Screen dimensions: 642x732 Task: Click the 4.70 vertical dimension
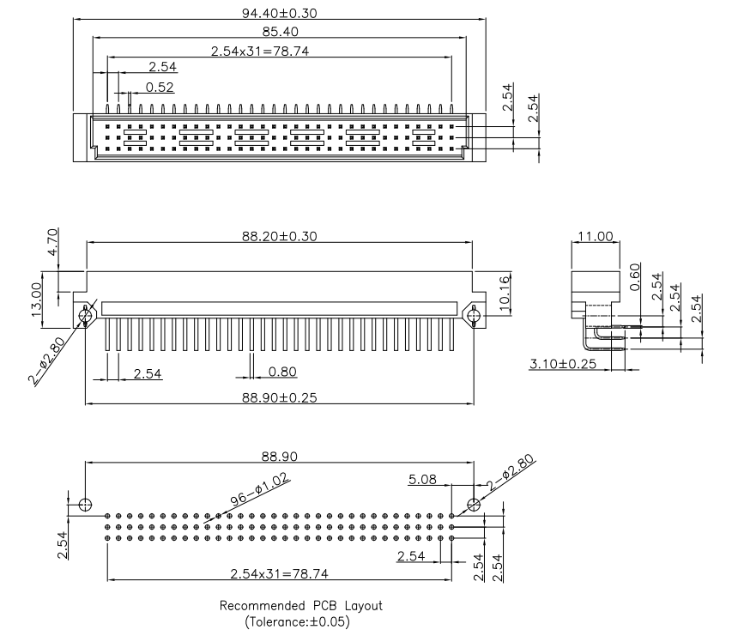coord(51,243)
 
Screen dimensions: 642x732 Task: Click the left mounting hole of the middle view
coord(85,315)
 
